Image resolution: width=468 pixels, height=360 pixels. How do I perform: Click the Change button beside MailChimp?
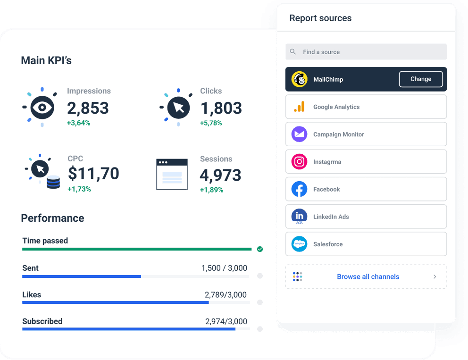421,79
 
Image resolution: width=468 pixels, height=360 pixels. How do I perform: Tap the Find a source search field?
366,52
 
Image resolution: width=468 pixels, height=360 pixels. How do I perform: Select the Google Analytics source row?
366,107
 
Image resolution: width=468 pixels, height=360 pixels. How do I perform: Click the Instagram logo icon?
300,162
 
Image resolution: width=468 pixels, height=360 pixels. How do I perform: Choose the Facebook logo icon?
300,189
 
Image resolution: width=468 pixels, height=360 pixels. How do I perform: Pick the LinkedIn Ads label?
331,217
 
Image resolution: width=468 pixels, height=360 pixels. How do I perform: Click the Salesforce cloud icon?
300,244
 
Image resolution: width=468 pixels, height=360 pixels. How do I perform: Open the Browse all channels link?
368,277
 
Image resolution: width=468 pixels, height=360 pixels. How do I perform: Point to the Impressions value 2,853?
88,108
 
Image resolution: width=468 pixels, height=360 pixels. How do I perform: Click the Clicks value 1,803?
221,108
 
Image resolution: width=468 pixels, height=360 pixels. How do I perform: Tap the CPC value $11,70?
93,174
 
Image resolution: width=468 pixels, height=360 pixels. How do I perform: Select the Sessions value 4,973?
220,175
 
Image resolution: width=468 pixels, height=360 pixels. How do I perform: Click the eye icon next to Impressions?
42,108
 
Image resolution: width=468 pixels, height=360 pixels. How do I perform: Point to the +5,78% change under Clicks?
211,123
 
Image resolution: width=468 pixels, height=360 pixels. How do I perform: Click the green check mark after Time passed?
260,249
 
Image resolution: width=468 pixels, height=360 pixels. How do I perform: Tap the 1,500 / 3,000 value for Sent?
224,268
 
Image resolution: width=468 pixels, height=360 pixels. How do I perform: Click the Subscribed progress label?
42,321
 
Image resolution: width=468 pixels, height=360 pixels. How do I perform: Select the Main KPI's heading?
46,60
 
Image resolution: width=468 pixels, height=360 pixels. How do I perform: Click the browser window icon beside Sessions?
172,174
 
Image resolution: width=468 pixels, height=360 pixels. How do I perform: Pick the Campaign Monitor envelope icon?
300,134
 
